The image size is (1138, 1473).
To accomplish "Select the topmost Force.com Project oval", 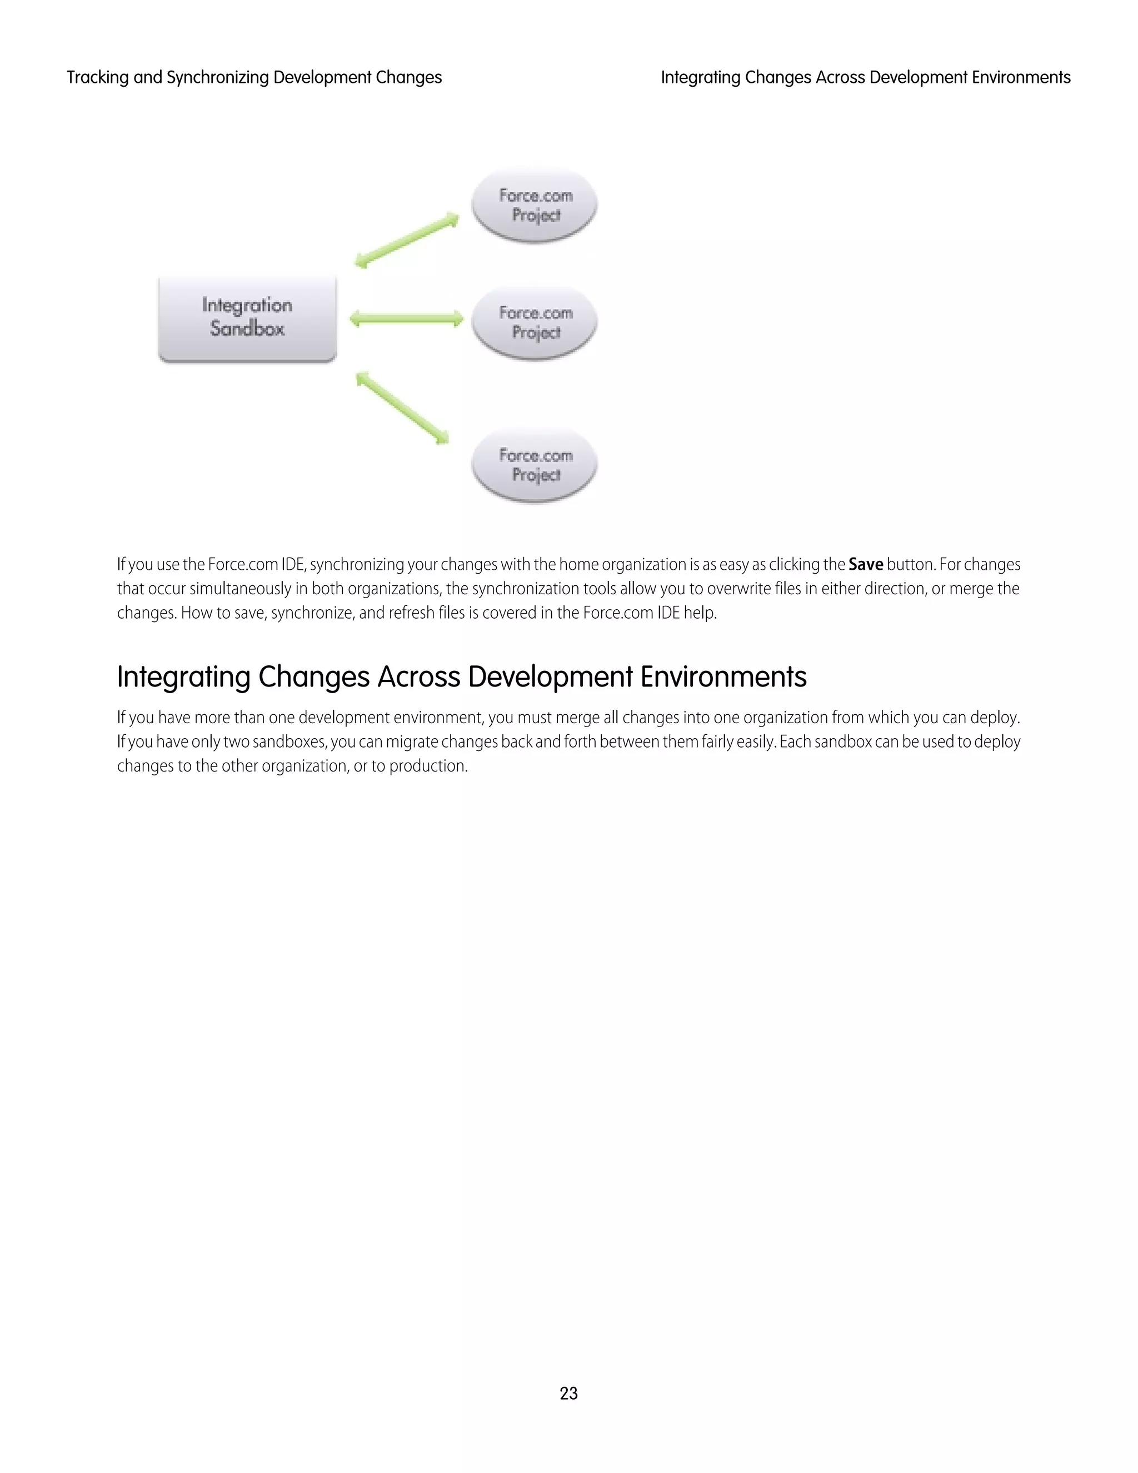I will pos(535,205).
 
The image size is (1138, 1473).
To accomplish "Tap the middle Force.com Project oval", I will pos(535,322).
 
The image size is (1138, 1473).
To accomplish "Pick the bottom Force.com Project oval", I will pos(535,465).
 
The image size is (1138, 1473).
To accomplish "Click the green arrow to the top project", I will pos(407,240).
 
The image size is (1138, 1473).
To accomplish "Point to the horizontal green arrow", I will pos(407,319).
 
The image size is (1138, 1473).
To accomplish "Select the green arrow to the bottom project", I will pos(402,408).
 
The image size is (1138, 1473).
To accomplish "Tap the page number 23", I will pos(568,1393).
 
